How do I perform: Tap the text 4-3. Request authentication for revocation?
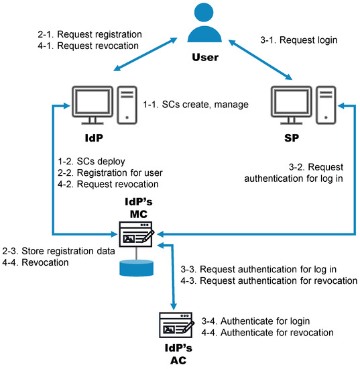click(x=269, y=280)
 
